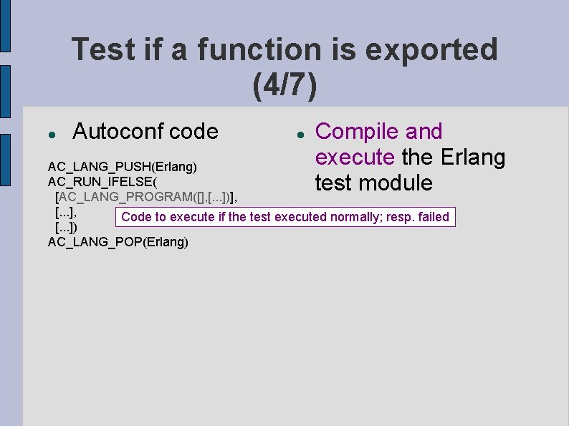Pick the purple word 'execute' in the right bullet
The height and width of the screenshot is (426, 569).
(355, 157)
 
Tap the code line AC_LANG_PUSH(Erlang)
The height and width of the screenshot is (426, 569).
(122, 167)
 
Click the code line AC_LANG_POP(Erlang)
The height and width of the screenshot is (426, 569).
(118, 242)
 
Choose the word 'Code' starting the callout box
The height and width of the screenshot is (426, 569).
(135, 217)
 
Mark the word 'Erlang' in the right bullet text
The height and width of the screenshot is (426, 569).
(473, 157)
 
